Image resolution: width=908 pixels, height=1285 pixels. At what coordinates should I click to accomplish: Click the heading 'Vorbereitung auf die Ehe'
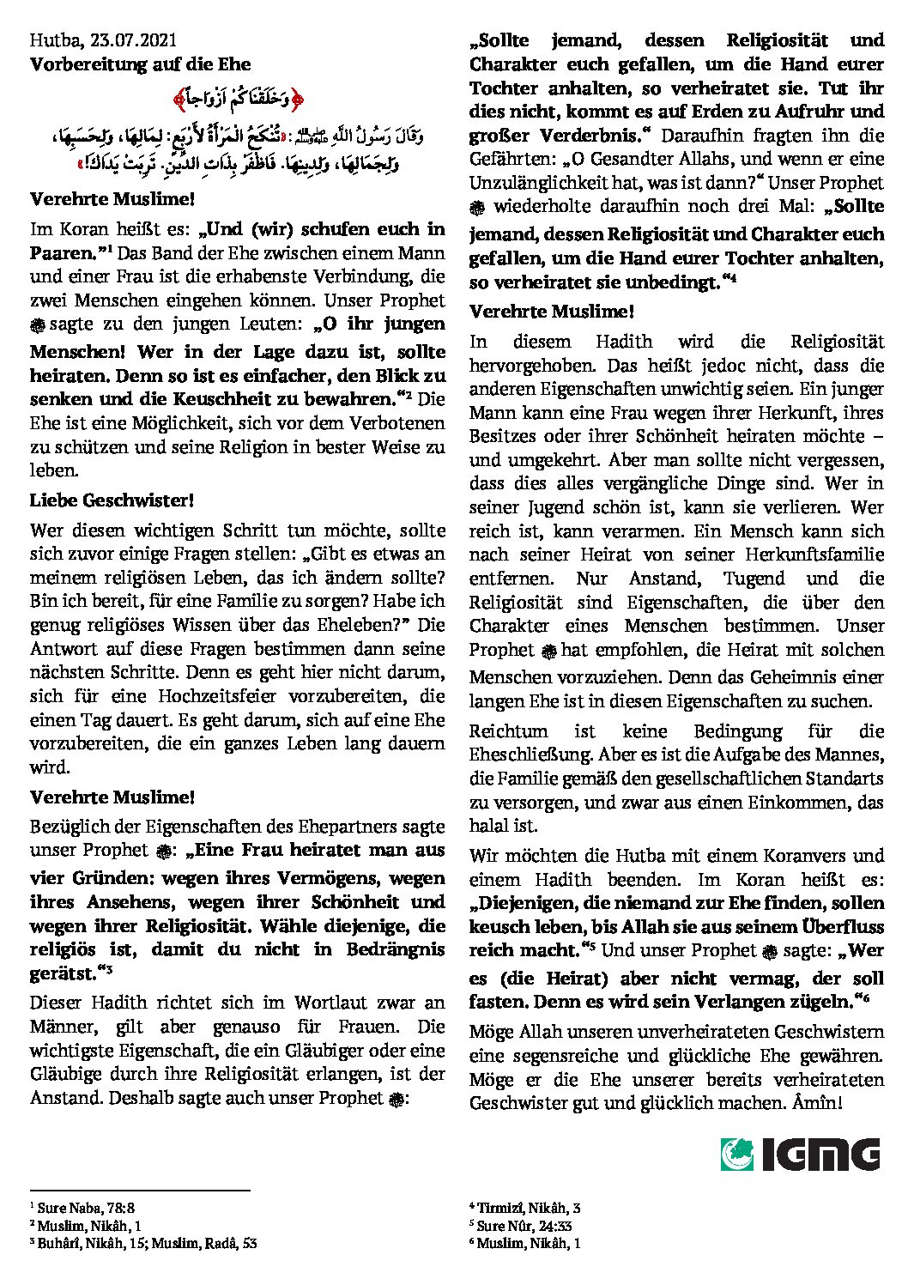[140, 64]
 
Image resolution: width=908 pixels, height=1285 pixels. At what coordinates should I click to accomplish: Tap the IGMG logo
[800, 1154]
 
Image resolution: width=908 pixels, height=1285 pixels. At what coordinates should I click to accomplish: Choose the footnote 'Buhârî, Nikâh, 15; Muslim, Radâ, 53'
[147, 1242]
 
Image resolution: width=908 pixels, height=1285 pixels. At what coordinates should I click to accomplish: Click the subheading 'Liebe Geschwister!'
[112, 500]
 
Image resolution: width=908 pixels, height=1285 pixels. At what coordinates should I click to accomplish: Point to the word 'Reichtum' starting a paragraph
[508, 731]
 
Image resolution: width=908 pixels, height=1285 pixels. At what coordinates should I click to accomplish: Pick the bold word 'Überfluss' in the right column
[842, 926]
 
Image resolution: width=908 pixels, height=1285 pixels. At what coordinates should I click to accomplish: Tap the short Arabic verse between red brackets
[238, 100]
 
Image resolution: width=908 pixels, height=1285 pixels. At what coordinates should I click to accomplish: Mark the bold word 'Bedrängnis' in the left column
[396, 949]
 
